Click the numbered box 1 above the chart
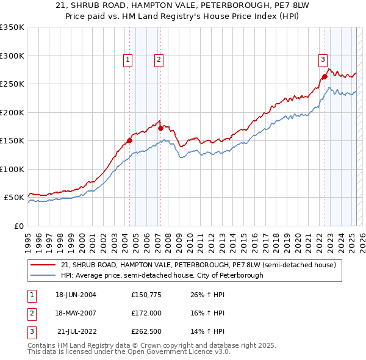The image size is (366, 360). tap(128, 59)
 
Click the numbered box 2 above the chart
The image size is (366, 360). tap(158, 59)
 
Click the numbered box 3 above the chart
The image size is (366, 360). tap(323, 59)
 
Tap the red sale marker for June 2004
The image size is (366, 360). tap(129, 140)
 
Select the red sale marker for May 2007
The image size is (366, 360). tap(160, 128)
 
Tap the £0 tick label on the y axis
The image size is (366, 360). tap(18, 226)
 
